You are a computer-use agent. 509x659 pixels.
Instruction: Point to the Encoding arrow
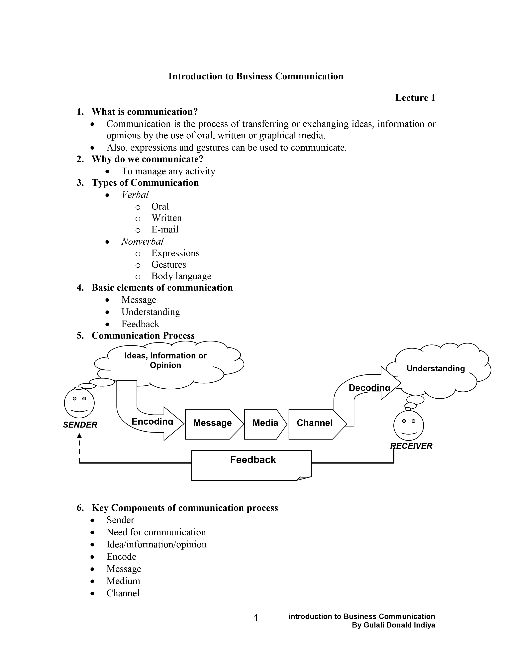(152, 422)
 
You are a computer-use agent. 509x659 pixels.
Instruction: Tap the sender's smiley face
(79, 403)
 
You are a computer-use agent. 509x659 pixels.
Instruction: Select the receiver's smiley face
(409, 425)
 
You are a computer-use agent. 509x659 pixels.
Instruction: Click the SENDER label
(80, 425)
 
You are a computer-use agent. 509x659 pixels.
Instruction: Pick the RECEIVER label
(411, 446)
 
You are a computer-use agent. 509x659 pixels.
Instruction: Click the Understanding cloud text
(436, 368)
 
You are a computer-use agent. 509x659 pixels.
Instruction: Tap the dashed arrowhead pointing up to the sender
(79, 436)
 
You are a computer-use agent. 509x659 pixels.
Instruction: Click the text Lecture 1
(415, 98)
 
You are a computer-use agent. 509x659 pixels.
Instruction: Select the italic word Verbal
(135, 195)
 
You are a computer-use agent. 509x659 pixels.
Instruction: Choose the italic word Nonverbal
(142, 241)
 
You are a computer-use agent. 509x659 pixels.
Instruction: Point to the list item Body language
(181, 276)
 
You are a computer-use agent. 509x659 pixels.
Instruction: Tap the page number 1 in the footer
(256, 618)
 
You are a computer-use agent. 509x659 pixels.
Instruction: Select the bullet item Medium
(123, 581)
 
